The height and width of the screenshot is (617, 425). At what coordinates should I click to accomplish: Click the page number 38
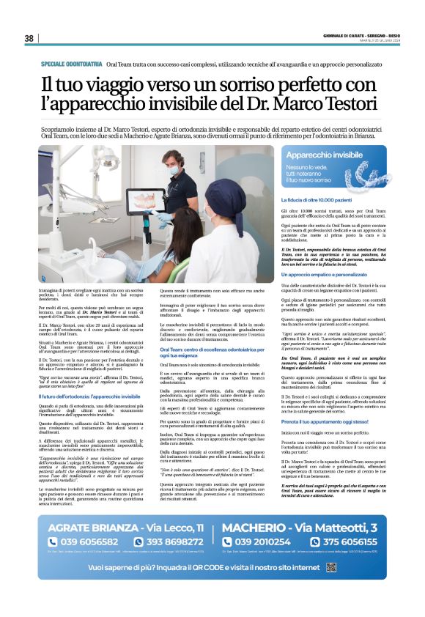[29, 38]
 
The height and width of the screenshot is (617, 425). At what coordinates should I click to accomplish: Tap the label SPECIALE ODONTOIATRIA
[71, 64]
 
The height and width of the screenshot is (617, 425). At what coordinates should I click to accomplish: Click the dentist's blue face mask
[173, 171]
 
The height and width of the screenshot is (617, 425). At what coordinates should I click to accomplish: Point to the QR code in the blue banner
[351, 588]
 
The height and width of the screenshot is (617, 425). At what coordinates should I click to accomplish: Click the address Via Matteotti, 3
[322, 547]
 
